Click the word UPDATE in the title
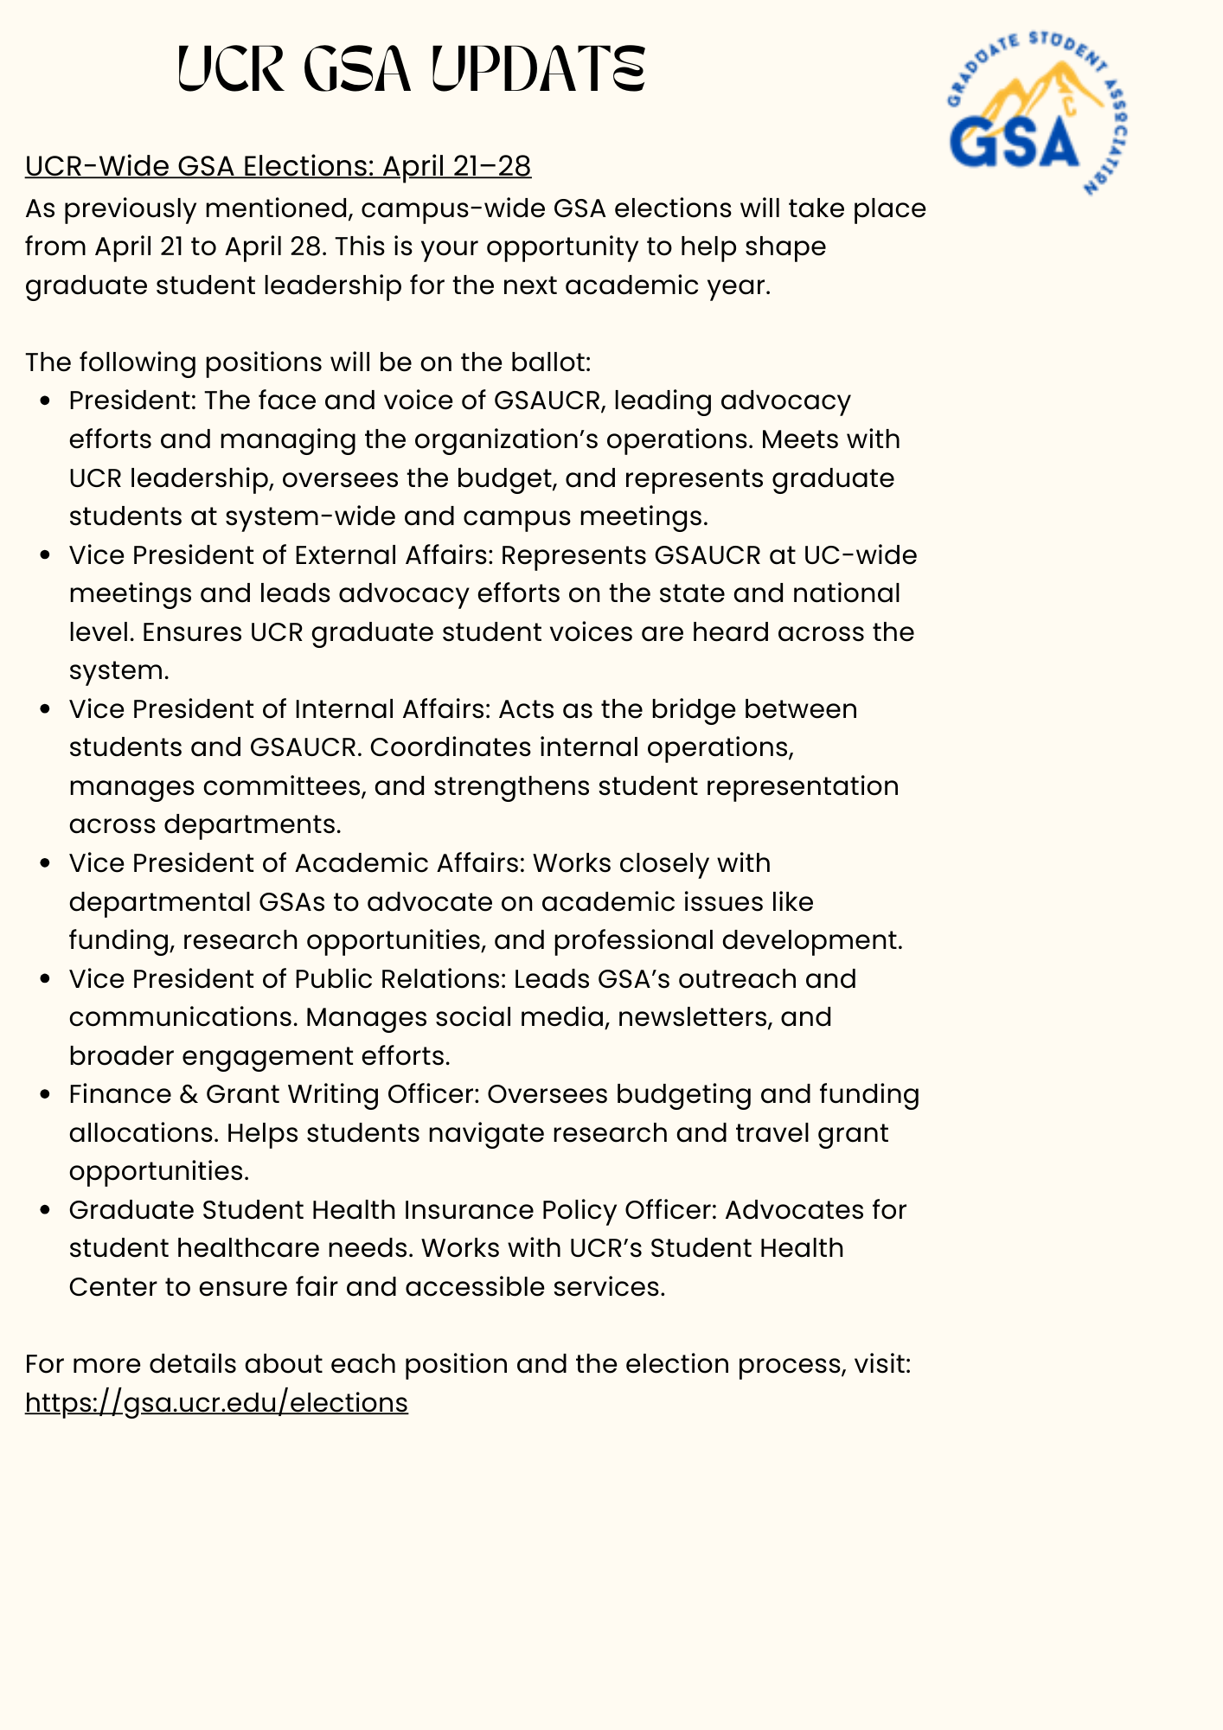[x=536, y=69]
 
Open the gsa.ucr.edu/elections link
[x=216, y=1402]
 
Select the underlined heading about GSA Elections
[x=278, y=165]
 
